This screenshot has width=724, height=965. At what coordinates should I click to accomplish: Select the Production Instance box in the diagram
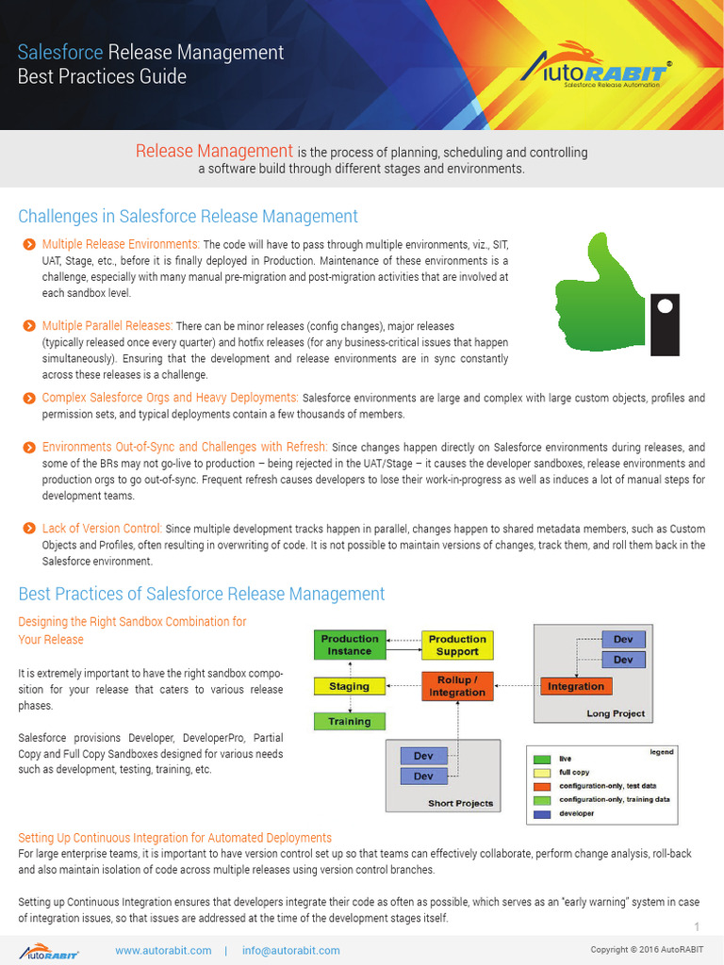[x=349, y=645]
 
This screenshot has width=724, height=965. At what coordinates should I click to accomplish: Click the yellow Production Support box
[x=457, y=645]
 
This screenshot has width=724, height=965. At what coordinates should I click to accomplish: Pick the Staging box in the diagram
[x=349, y=687]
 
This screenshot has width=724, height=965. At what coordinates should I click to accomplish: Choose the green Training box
[x=349, y=722]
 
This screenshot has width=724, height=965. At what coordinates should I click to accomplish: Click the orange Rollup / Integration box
[x=457, y=686]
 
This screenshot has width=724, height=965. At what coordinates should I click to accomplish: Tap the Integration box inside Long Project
[x=575, y=686]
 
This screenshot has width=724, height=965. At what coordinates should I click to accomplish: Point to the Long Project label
[x=616, y=713]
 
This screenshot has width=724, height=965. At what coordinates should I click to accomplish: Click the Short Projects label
[x=460, y=803]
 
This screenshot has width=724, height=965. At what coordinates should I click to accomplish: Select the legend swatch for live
[x=541, y=759]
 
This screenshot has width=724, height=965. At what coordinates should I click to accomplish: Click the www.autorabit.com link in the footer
[x=163, y=951]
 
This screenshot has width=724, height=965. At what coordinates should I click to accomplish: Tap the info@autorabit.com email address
[x=290, y=951]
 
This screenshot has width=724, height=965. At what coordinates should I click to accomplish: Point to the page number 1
[x=697, y=926]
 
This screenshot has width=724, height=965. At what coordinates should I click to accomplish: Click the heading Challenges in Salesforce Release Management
[x=188, y=217]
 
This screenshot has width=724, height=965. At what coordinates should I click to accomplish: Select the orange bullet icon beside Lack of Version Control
[x=28, y=529]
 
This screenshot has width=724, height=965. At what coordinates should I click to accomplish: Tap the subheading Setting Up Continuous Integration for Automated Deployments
[x=175, y=838]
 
